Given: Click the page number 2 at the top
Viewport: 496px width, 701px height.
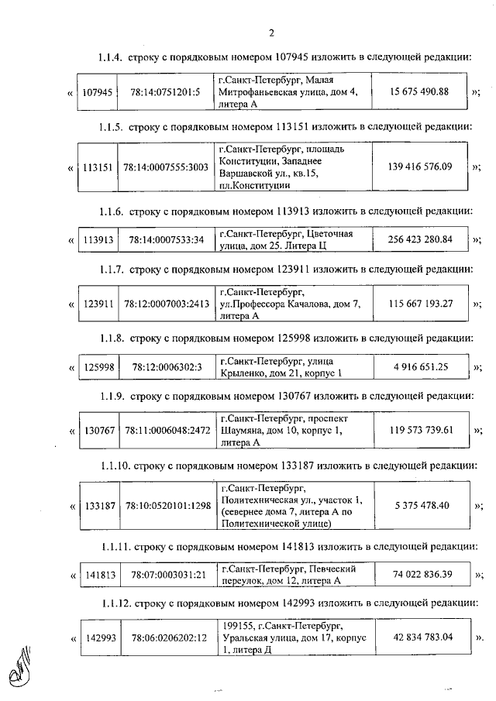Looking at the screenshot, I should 271,33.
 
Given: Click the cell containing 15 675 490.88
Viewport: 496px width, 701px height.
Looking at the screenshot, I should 419,92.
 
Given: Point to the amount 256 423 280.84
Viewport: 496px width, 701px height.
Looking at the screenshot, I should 419,239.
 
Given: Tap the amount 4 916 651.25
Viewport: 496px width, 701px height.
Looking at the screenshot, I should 420,366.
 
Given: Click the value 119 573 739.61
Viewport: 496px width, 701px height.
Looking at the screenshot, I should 420,430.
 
